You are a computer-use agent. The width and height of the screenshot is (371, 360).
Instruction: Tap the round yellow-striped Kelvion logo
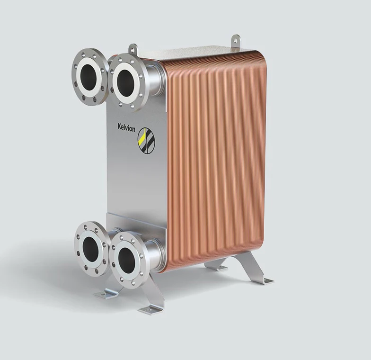(145, 138)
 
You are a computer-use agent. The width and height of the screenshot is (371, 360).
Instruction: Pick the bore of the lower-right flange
(127, 258)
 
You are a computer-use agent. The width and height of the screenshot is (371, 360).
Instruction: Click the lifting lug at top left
(133, 49)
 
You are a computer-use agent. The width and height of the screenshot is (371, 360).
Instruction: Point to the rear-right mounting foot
(263, 281)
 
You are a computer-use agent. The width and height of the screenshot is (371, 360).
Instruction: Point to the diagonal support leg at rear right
(250, 265)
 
